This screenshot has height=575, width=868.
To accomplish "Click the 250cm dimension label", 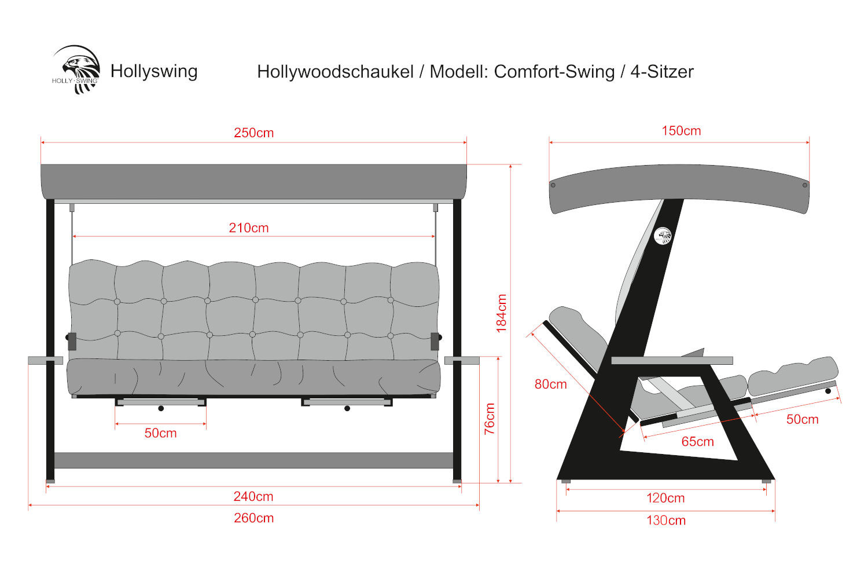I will tap(253, 133).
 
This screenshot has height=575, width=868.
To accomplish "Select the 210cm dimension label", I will tap(249, 228).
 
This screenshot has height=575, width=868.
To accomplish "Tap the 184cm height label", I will tap(501, 313).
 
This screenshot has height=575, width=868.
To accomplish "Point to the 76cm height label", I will tap(490, 419).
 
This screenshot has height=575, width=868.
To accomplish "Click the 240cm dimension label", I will tap(253, 496).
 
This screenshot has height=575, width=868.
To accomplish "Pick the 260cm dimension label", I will tap(253, 518).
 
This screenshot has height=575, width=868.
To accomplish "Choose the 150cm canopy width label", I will tap(681, 131).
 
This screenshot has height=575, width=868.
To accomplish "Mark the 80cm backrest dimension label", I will tap(550, 384).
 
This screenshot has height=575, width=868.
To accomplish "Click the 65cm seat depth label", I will tap(697, 442).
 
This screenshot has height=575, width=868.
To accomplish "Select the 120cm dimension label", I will tap(665, 498).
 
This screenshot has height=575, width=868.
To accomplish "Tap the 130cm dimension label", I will tap(666, 520).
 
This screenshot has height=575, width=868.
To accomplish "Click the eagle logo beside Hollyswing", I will tap(77, 70).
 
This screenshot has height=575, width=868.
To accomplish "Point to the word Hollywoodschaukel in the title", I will tap(335, 72).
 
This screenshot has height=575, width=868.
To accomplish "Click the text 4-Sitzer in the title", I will tap(662, 72).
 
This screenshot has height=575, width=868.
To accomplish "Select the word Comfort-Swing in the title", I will tap(554, 72).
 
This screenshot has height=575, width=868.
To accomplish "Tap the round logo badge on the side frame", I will tap(663, 236).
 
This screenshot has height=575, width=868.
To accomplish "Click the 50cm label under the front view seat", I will tap(160, 433).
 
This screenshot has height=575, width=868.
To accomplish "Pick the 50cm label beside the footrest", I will tap(802, 419).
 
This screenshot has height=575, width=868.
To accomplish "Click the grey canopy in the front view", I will tap(253, 181).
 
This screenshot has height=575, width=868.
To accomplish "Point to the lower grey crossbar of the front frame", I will tap(253, 460).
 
